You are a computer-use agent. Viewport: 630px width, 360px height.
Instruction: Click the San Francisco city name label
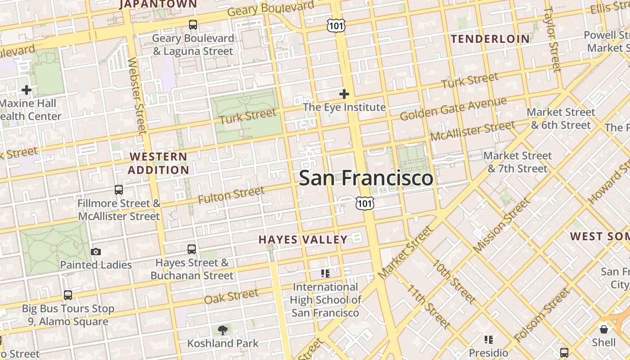(366, 178)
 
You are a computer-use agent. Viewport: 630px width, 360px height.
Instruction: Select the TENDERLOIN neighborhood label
(490, 39)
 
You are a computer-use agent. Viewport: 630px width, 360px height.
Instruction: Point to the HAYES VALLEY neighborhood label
(303, 239)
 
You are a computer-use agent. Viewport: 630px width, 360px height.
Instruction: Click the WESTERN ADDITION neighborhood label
(158, 163)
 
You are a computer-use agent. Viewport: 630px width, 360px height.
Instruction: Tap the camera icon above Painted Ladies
(96, 252)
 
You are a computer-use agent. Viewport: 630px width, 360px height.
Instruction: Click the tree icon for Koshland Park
(222, 331)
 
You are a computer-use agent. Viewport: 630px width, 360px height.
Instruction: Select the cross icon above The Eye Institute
(344, 94)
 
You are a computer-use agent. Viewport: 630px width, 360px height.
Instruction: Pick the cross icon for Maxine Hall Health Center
(27, 90)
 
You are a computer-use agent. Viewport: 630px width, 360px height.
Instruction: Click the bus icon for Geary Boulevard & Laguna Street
(193, 25)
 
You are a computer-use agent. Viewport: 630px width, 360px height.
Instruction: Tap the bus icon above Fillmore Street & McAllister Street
(119, 190)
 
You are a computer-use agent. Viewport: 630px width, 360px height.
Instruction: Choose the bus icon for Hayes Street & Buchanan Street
(192, 249)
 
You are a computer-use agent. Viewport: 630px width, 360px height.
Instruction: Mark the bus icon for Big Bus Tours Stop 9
(68, 295)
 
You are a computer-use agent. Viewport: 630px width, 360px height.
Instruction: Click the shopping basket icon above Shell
(604, 329)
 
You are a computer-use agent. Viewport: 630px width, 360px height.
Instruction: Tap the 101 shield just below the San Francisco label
(364, 203)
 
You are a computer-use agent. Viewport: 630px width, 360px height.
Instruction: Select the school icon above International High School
(325, 273)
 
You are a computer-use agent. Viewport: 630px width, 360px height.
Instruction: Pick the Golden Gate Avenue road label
(453, 109)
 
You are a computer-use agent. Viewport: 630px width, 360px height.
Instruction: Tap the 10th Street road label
(454, 282)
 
